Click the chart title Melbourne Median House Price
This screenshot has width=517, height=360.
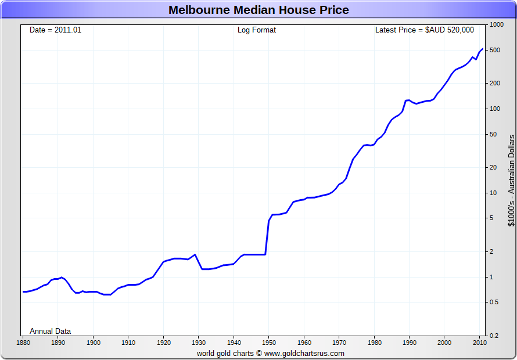pos(258,10)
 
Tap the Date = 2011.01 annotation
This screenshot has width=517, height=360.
pos(56,30)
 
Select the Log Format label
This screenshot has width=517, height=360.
pos(257,30)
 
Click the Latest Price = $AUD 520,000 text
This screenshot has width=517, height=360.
pos(425,30)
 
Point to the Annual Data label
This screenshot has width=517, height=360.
pos(51,331)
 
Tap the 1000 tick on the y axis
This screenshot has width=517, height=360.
pos(496,25)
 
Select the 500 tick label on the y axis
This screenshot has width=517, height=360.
pos(496,51)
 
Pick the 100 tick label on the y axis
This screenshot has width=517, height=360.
pos(496,109)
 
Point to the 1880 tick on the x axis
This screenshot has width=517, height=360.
pos(23,343)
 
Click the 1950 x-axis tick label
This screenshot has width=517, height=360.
pos(269,343)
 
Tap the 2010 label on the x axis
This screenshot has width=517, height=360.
pos(479,343)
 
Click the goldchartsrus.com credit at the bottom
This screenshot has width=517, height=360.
pos(270,353)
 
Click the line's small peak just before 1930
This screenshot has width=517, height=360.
pos(195,254)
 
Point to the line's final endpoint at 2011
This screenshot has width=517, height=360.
pos(483,49)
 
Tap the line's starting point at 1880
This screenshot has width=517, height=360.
pos(23,291)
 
